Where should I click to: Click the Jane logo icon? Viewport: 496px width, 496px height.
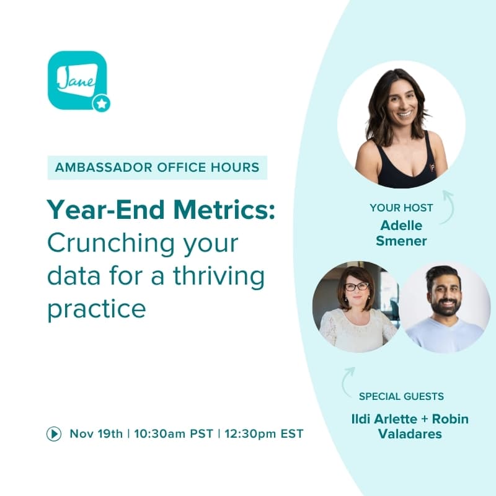(x=77, y=80)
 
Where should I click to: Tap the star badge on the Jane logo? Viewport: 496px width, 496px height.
(x=102, y=104)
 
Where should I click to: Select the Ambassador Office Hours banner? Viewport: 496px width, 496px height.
(x=157, y=167)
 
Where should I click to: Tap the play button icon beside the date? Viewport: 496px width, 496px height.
(x=54, y=434)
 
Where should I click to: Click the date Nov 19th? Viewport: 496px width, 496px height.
(x=96, y=434)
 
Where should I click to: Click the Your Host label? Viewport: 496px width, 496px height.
(x=401, y=208)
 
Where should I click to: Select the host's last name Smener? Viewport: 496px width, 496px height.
(x=401, y=241)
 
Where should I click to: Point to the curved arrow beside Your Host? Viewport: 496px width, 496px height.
(x=446, y=208)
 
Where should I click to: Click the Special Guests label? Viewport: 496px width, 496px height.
(x=401, y=397)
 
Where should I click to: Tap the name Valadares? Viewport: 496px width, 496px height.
(x=410, y=434)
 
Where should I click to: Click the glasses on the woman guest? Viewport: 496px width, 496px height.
(x=356, y=286)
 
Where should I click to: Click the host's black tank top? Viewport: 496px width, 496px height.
(x=401, y=170)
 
